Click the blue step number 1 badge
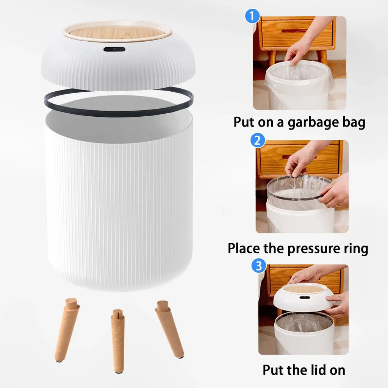coord(252,17)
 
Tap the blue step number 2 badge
coord(258,141)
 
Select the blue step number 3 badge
coord(258,266)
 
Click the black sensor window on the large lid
coord(114,49)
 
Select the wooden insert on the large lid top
coord(117,33)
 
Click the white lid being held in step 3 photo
coord(303,299)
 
